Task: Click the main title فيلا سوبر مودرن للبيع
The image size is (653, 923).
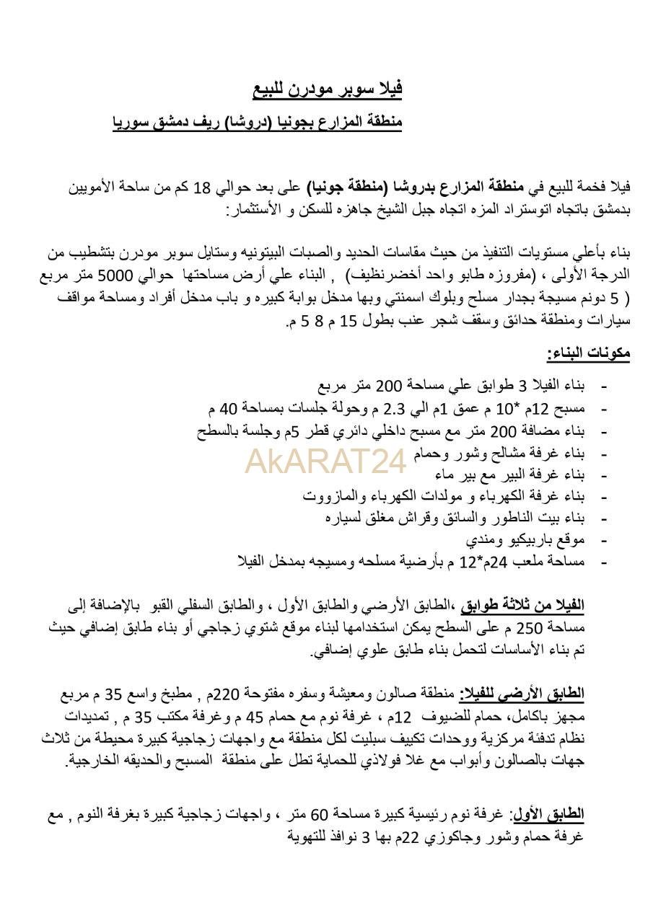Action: [x=327, y=89]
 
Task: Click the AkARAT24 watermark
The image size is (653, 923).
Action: [x=326, y=462]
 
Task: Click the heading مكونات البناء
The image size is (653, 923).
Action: [x=588, y=353]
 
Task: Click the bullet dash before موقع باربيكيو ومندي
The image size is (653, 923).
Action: [x=603, y=540]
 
